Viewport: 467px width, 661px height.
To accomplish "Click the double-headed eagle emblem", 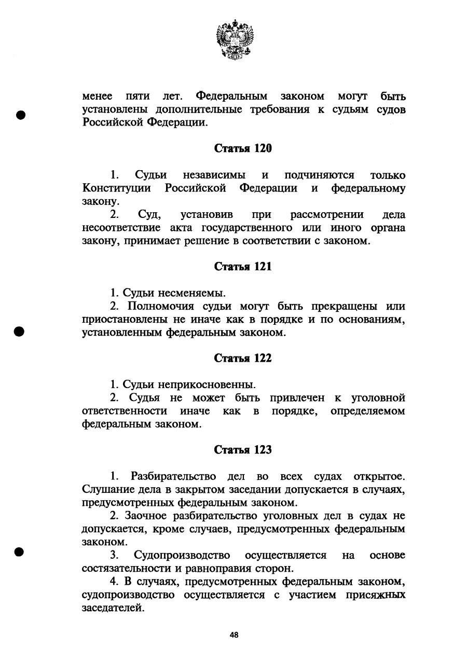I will click(x=234, y=39).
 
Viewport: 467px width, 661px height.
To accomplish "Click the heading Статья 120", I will click(x=243, y=148).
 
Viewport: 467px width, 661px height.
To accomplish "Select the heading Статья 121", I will click(x=243, y=267).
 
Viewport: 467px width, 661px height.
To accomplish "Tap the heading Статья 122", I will click(x=243, y=359).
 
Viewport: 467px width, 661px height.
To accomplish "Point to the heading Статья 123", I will click(x=243, y=450).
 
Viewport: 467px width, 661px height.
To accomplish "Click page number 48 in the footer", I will click(x=234, y=635).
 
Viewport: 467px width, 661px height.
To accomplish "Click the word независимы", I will click(x=213, y=175).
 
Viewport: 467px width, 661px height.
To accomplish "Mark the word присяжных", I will click(x=375, y=595).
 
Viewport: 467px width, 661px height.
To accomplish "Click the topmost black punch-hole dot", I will click(x=21, y=115).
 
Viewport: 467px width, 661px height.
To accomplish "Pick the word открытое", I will click(x=379, y=476).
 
